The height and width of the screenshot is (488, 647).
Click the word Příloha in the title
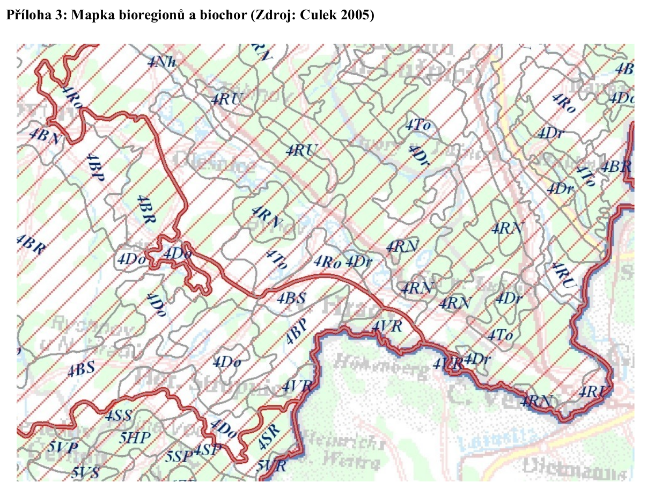coord(26,15)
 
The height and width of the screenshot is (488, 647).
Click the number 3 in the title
coord(56,15)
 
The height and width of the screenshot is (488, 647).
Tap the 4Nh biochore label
coord(161,62)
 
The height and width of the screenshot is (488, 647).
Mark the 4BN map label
coord(45,135)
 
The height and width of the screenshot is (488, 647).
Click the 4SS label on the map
coord(117,416)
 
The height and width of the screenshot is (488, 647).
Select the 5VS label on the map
coord(85,472)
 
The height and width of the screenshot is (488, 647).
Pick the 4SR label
coord(268,439)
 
